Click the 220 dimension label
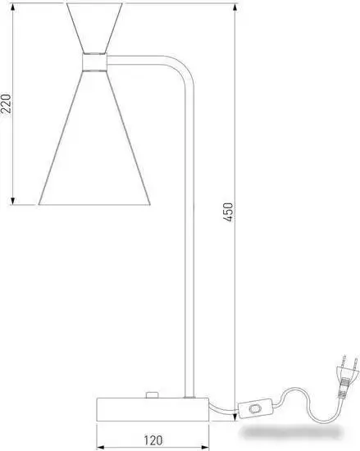click(x=7, y=103)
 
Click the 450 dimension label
click(x=228, y=212)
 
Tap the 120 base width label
click(x=153, y=440)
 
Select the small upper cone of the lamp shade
click(x=94, y=28)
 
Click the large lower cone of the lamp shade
click(x=94, y=138)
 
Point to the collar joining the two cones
click(x=94, y=62)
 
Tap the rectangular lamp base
click(x=153, y=409)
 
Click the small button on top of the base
click(x=152, y=395)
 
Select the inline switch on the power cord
click(x=255, y=408)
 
